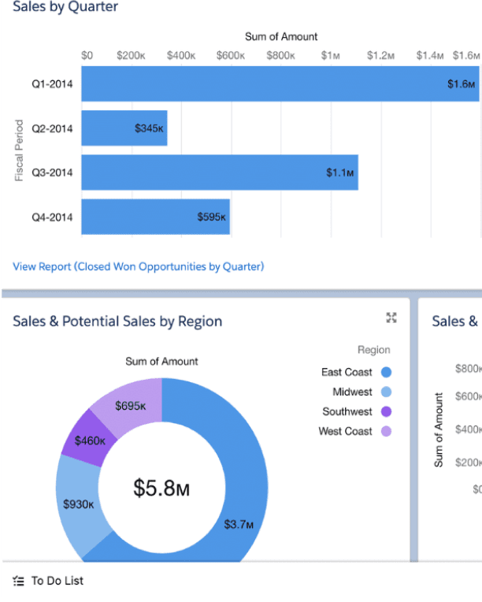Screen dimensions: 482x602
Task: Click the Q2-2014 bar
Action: [x=124, y=128]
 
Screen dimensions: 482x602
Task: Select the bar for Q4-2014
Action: [x=155, y=217]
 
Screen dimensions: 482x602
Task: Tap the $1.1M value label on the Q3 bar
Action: [x=340, y=173]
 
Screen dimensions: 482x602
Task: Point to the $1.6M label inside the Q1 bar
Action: [x=462, y=84]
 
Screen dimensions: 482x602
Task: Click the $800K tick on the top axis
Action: [x=281, y=56]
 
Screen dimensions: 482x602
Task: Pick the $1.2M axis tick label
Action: [x=380, y=56]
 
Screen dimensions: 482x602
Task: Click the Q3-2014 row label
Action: [x=52, y=173]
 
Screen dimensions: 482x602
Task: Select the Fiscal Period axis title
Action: [x=19, y=150]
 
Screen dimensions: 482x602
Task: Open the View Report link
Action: [x=139, y=266]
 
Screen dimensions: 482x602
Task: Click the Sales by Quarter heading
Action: [x=65, y=7]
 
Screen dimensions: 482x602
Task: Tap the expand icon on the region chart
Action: [x=391, y=318]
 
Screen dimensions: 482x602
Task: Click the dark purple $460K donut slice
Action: [x=90, y=438]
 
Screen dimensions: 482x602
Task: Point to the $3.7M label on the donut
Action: [x=239, y=525]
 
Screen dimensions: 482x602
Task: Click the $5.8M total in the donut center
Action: [x=161, y=489]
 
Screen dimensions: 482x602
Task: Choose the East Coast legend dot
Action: [x=386, y=372]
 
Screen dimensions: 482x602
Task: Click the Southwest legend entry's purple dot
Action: [x=386, y=411]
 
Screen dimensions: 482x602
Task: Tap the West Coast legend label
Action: [x=346, y=431]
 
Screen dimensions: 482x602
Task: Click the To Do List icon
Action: [x=18, y=581]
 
